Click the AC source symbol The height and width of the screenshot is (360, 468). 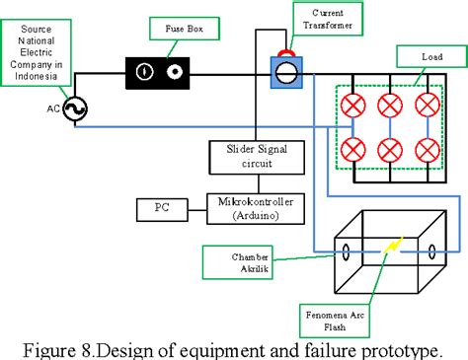(x=74, y=111)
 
